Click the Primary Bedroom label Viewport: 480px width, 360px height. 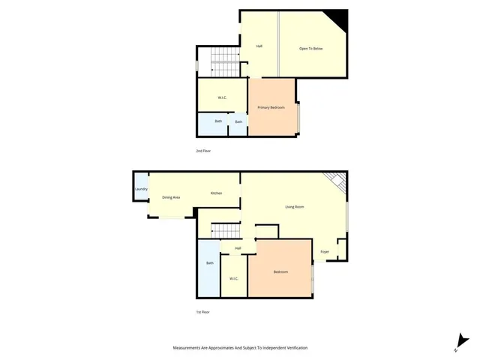(271, 108)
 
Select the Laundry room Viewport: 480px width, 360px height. (141, 189)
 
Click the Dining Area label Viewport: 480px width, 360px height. (171, 197)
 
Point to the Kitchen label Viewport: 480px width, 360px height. (216, 193)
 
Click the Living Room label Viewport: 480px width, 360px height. (293, 206)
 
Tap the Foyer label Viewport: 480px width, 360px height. (325, 251)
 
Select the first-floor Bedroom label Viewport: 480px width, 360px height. (280, 271)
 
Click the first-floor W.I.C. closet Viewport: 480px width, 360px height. (233, 279)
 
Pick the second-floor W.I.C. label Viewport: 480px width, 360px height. (223, 98)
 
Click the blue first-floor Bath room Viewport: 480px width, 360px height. (209, 266)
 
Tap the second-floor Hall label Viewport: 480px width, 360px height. (259, 46)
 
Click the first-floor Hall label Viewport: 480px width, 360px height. (238, 248)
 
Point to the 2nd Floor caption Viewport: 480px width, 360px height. (203, 151)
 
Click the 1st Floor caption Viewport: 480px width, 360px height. (203, 311)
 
